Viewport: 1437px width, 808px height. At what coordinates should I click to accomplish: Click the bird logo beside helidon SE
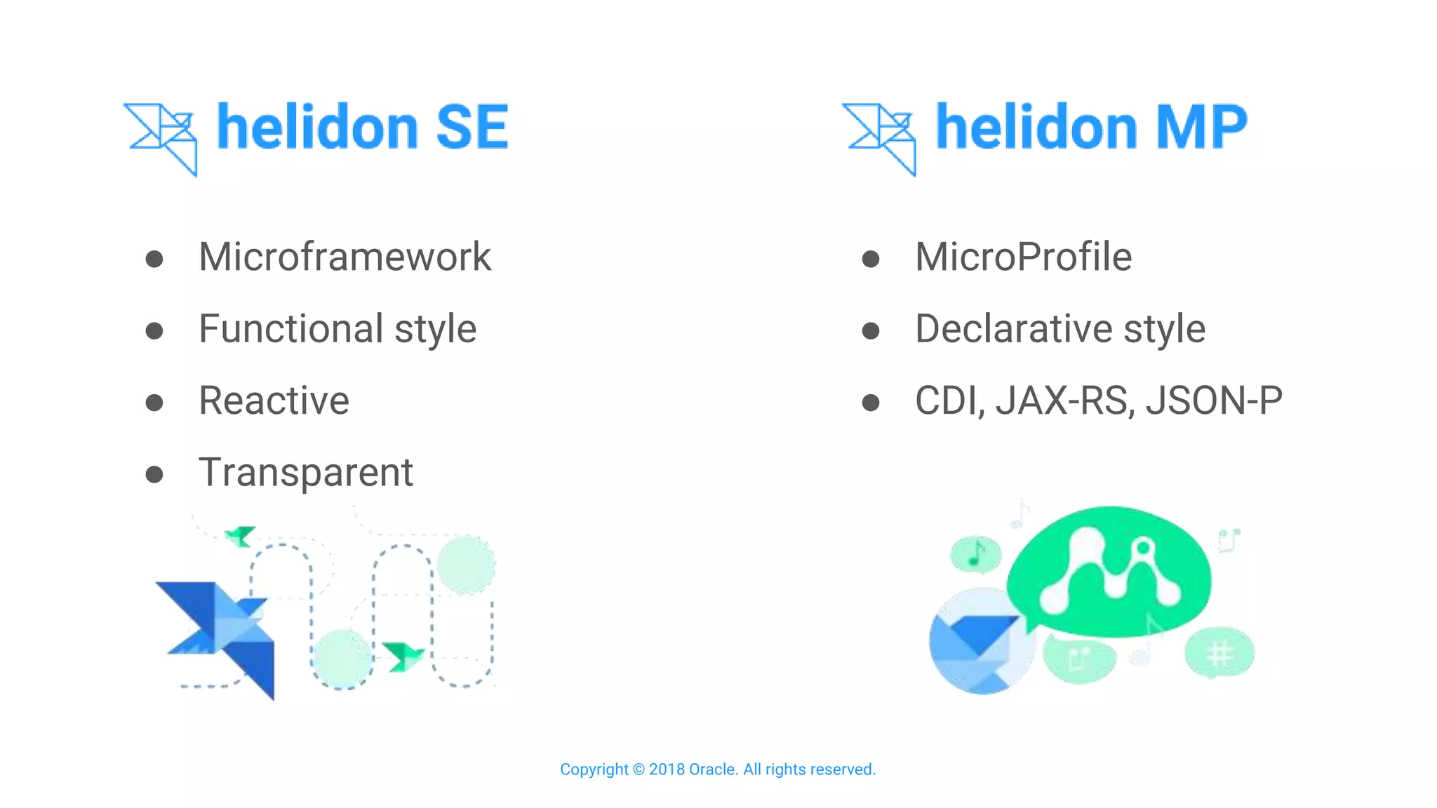coord(162,137)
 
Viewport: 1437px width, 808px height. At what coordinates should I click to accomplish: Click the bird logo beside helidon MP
coord(880,137)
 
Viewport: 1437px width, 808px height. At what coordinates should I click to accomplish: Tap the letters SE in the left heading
coord(472,127)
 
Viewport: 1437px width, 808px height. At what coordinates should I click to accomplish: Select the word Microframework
coord(345,257)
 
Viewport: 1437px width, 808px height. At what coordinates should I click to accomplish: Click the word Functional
coord(290,328)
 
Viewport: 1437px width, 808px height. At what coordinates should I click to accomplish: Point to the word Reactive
coord(274,400)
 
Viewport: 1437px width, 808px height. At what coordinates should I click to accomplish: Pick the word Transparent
coord(306,472)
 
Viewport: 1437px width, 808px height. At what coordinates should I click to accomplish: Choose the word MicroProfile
coord(1023,257)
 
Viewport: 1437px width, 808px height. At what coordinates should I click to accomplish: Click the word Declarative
coord(1013,328)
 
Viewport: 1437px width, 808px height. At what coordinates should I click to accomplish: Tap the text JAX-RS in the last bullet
coord(1064,400)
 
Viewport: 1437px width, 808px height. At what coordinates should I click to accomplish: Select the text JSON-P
coord(1214,400)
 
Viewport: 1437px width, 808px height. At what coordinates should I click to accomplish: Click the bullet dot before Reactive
coord(154,403)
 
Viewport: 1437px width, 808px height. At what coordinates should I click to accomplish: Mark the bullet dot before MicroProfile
coord(871,260)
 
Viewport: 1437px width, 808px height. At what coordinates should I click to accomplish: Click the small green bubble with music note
coord(975,555)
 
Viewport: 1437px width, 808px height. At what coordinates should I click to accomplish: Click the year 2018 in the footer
coord(667,769)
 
